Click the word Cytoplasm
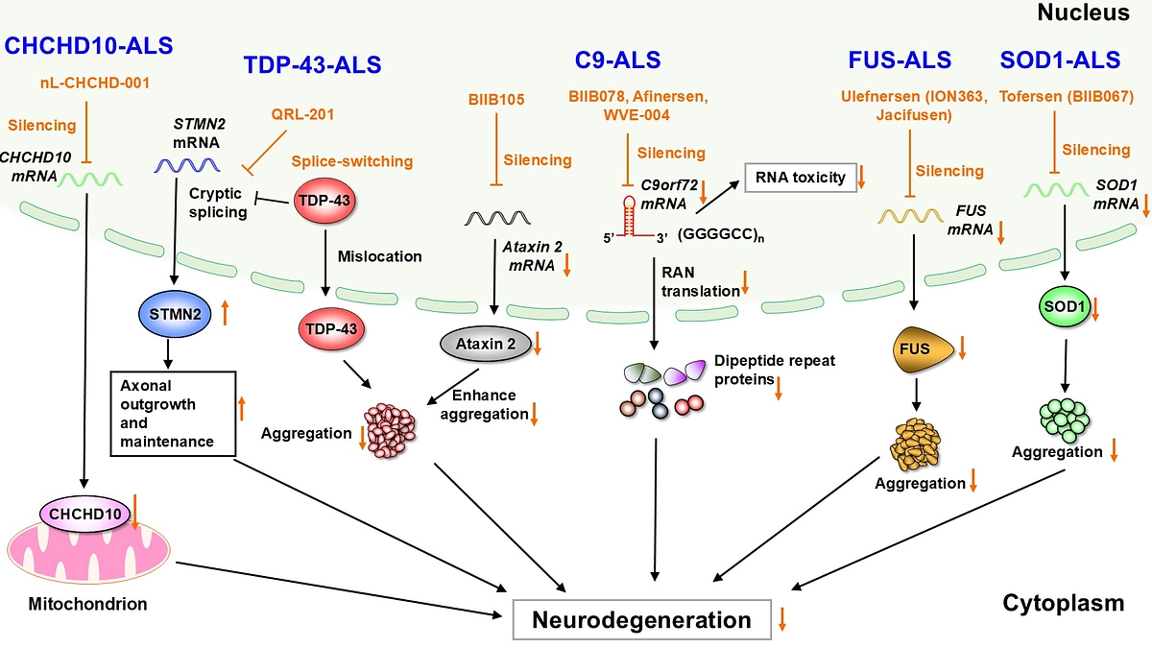click(x=1063, y=603)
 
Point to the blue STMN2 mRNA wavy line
click(x=184, y=165)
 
